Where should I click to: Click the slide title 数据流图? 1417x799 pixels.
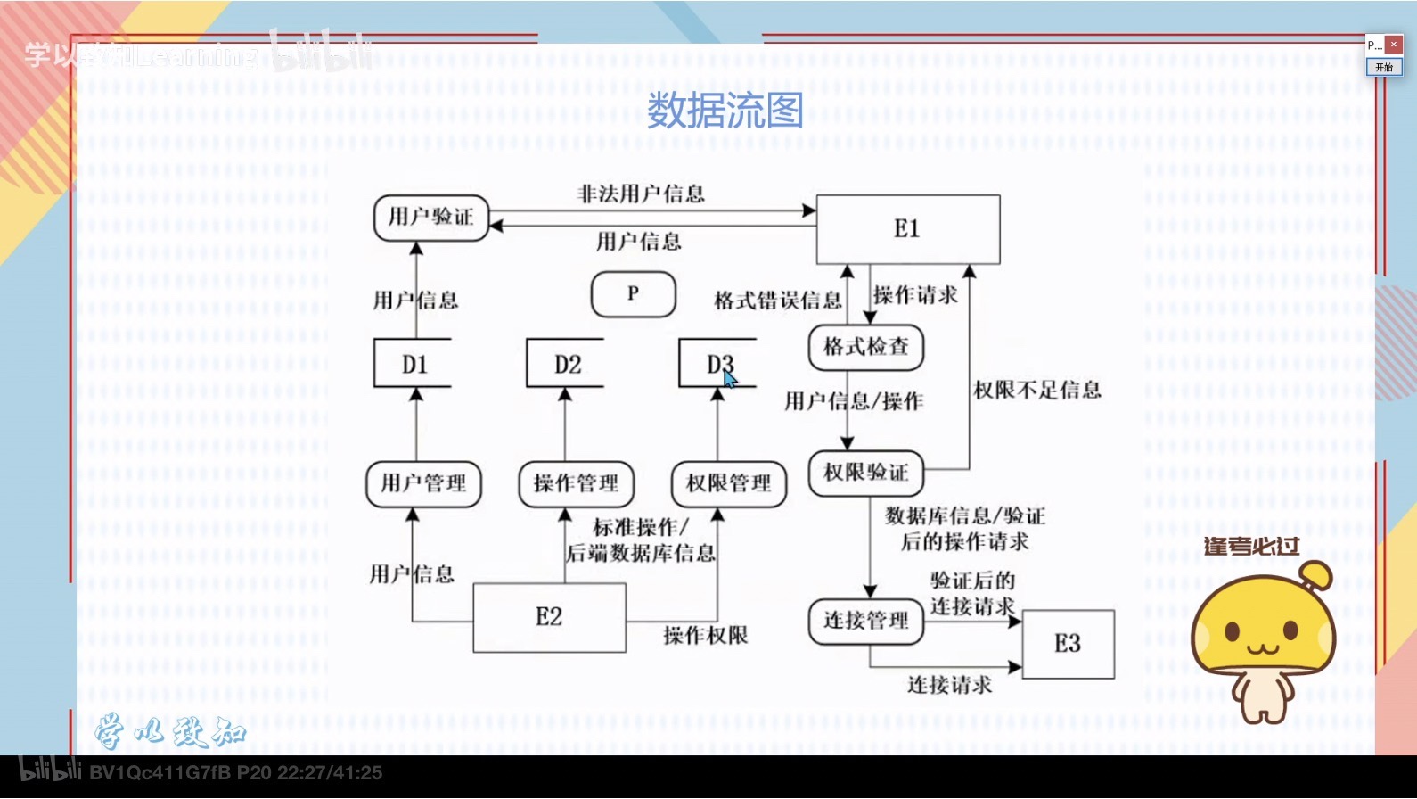725,111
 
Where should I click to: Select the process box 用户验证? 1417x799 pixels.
431,218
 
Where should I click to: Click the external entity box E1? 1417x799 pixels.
907,229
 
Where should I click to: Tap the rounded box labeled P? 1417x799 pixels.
633,294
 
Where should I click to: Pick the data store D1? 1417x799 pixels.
414,364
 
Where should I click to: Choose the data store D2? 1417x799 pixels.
567,364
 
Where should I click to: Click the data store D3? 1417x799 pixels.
718,364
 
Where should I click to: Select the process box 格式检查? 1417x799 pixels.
865,347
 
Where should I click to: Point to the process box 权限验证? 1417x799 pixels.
865,473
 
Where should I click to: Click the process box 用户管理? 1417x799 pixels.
423,483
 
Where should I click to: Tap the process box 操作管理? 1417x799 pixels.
576,483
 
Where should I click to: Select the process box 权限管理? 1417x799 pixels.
728,483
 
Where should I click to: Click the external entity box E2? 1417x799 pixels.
549,617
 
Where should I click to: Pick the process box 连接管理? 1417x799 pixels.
865,621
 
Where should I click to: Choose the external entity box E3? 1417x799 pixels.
1068,644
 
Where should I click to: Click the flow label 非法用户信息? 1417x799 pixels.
641,194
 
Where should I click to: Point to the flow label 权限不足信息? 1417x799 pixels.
1036,390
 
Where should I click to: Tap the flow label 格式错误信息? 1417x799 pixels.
777,301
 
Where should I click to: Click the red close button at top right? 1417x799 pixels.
1394,45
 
